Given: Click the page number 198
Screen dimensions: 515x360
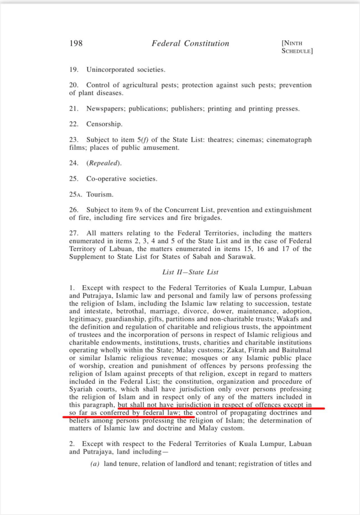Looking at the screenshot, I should click(76, 43).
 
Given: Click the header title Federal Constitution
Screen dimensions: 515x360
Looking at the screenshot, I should click(191, 43).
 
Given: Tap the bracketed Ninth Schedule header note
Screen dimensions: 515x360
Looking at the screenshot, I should click(298, 47).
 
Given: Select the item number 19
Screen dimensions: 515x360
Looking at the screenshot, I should click(73, 69).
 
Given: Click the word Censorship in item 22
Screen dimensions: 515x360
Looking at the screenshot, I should click(105, 124).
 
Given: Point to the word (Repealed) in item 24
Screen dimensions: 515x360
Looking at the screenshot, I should click(104, 163).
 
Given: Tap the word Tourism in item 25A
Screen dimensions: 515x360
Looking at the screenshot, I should click(101, 194).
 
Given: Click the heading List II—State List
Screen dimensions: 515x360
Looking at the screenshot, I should click(191, 272).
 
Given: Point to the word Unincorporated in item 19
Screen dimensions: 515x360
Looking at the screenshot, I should click(111, 69).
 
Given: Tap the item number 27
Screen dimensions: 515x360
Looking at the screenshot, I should click(73, 233).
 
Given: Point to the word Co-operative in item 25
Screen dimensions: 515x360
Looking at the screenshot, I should click(106, 179).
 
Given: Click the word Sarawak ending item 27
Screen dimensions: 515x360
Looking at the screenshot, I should click(242, 256).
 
